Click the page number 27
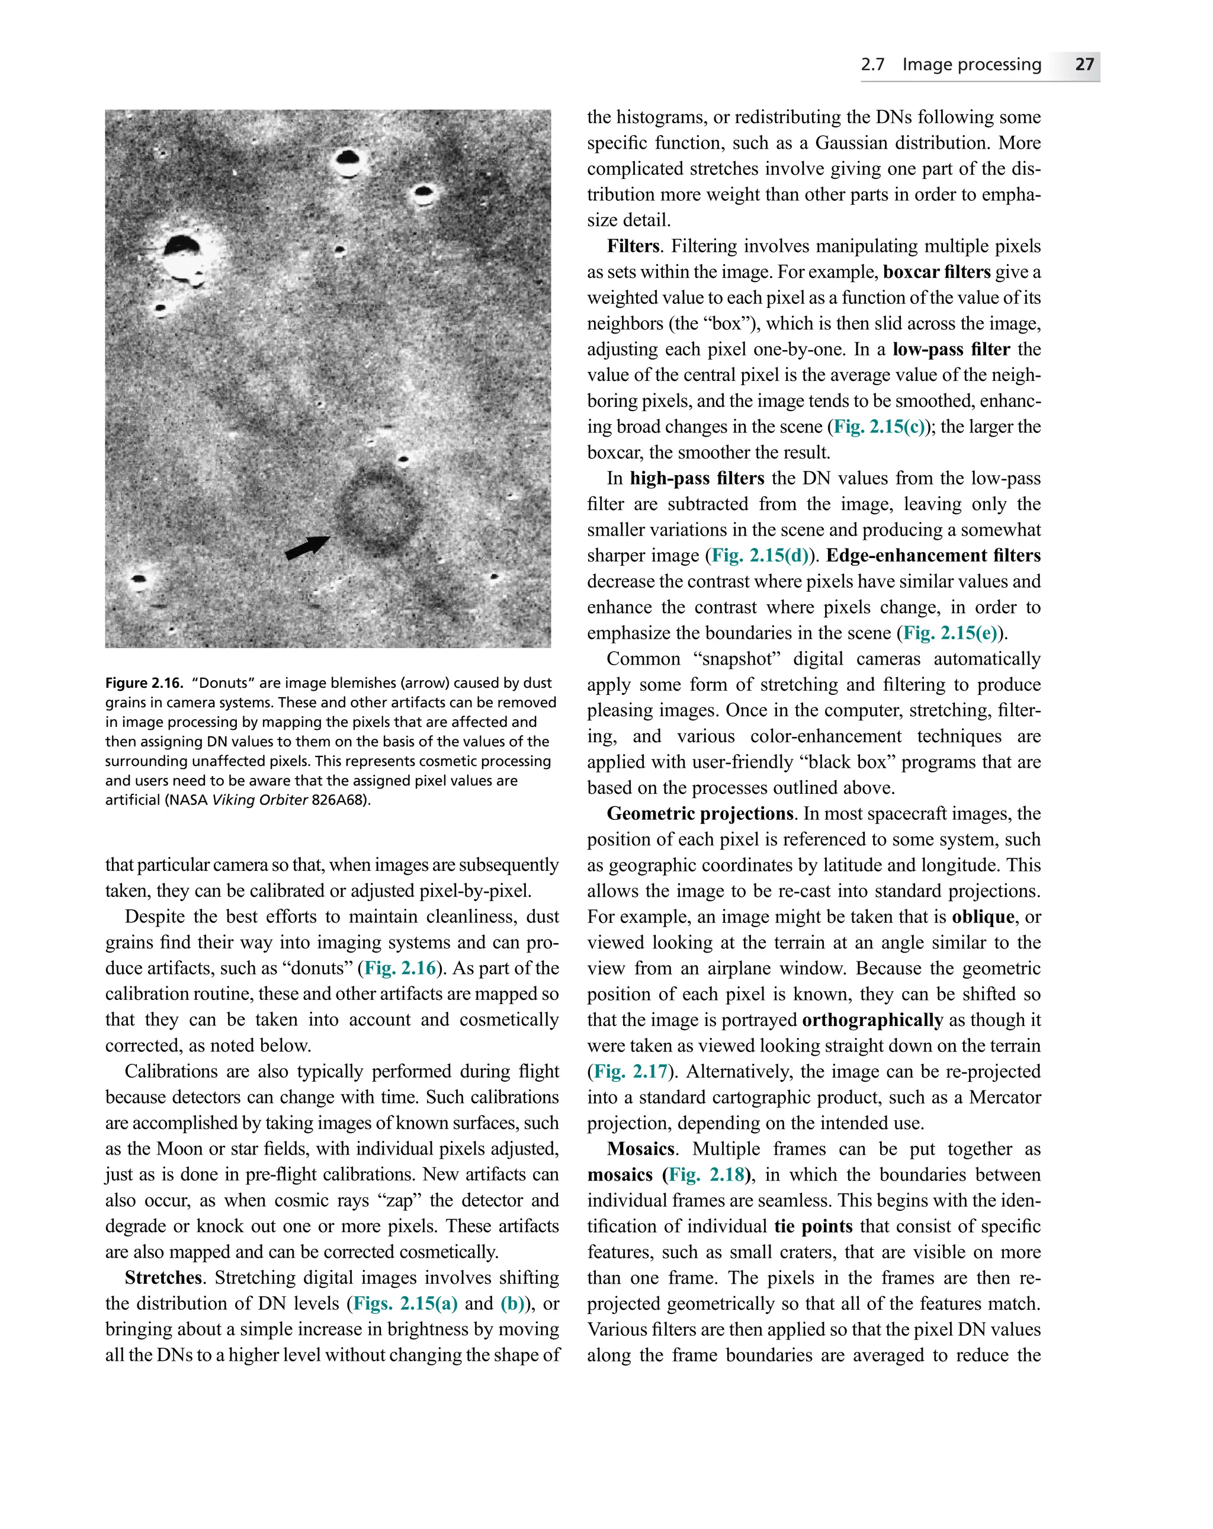click(1083, 65)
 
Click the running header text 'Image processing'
click(971, 65)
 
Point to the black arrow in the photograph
click(306, 547)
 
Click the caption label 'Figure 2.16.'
click(144, 683)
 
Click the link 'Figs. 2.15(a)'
click(405, 1303)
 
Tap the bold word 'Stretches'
click(163, 1277)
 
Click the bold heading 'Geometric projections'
click(699, 813)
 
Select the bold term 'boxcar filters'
click(936, 273)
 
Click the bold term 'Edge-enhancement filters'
click(933, 556)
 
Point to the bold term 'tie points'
click(813, 1226)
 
